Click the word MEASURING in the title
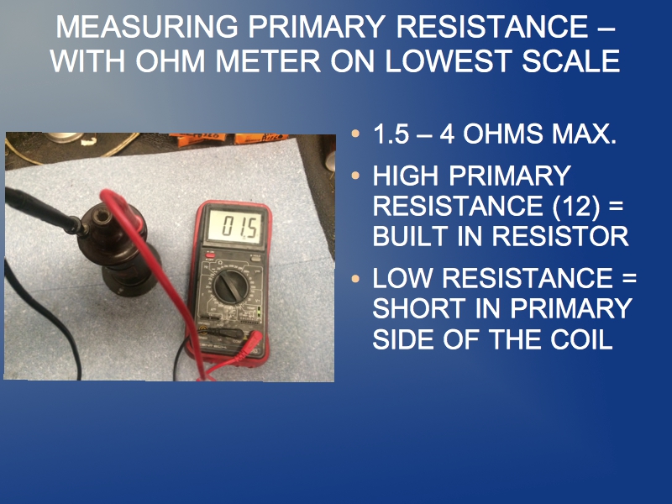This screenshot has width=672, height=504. pos(147,27)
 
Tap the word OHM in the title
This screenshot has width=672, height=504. pos(171,60)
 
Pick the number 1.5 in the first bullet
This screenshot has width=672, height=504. pos(391,134)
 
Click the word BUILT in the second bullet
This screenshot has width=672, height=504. pos(410,236)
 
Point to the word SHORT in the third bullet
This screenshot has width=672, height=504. pos(412,308)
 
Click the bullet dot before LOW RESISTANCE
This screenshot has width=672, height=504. pos(355,279)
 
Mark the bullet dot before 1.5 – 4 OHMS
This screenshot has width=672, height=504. pos(355,134)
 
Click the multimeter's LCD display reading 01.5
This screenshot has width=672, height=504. pos(235,227)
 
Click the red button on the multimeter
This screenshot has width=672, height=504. pos(210,256)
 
